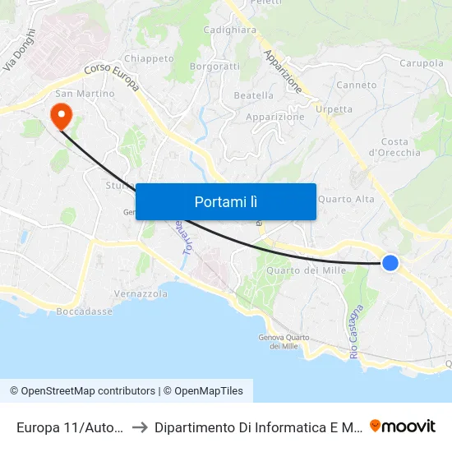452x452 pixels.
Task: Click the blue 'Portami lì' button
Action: tap(225, 201)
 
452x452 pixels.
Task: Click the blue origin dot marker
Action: tap(390, 262)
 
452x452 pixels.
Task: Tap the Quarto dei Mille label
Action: tap(305, 271)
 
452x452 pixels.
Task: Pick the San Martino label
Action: tap(85, 94)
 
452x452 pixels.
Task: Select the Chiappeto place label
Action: tap(149, 58)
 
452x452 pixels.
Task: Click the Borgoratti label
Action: tap(214, 66)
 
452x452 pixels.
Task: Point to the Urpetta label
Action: tap(334, 109)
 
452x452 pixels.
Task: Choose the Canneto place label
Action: tap(357, 85)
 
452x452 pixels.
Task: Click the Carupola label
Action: tap(422, 62)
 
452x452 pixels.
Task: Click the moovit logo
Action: tap(403, 426)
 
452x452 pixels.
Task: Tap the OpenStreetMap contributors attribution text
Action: tap(87, 391)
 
